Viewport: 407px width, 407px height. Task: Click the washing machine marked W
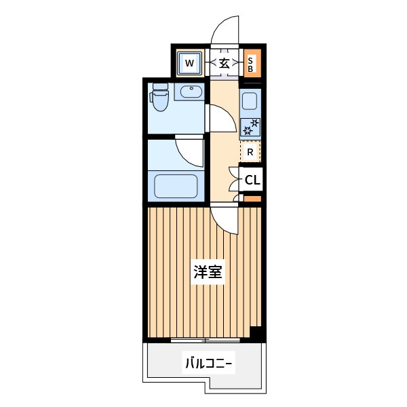tap(189, 63)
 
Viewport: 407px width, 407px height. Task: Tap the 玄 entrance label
tap(225, 63)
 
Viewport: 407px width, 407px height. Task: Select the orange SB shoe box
tap(252, 63)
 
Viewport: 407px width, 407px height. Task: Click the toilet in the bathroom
tap(160, 97)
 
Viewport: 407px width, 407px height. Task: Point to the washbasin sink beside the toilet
tap(191, 92)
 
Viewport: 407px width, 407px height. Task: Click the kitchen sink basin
tap(250, 101)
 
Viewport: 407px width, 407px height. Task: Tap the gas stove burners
tap(250, 127)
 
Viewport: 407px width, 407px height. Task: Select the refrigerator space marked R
tap(250, 152)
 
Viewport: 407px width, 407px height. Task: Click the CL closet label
tap(252, 180)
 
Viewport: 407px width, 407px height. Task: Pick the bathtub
tap(176, 186)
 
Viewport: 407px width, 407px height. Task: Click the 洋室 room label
tap(208, 272)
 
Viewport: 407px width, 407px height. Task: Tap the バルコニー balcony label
tap(208, 363)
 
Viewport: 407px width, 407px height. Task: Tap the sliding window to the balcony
tap(205, 340)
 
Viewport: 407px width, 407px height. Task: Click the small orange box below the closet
tap(252, 199)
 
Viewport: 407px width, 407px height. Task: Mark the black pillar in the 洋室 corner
tap(256, 332)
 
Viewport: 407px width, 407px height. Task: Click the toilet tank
tap(160, 86)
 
